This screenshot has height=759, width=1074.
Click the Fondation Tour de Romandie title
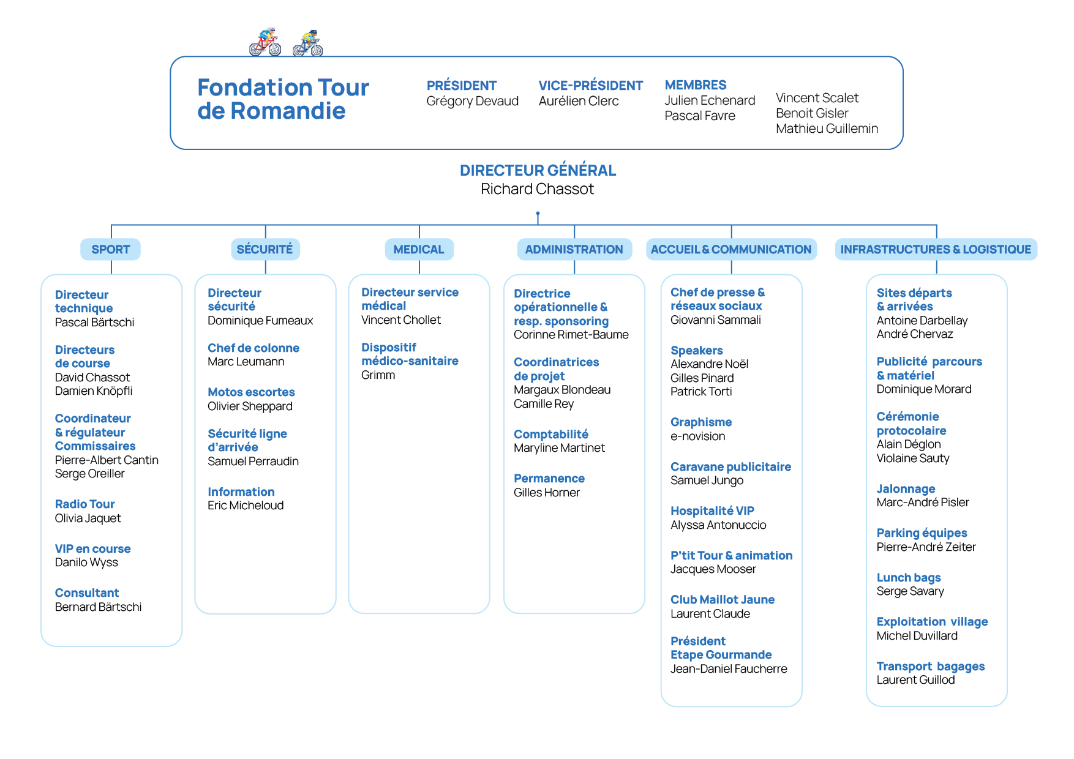pos(283,99)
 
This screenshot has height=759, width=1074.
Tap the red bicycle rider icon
pos(265,42)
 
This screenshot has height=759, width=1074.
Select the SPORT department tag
pos(111,249)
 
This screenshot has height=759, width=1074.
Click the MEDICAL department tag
pos(419,249)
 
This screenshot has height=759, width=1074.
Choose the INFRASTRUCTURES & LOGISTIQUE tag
pos(936,249)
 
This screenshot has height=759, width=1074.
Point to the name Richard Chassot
pos(537,189)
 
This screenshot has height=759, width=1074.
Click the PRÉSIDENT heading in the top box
pos(462,86)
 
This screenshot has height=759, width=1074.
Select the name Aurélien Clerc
pos(579,101)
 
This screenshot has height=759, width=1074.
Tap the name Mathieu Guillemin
pos(827,129)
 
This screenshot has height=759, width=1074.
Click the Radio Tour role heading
pos(84,504)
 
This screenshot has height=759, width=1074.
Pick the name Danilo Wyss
pos(86,563)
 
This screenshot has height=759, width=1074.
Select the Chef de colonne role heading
pos(253,348)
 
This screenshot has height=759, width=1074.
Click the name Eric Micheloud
pos(246,506)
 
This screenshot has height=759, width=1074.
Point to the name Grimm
pos(378,375)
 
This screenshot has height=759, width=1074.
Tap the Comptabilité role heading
pos(551,435)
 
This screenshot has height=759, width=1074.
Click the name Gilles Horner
pos(547,493)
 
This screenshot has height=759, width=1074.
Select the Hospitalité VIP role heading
pos(712,511)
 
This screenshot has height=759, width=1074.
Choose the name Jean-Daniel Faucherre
pos(729,669)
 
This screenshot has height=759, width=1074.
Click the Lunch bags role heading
pos(909,578)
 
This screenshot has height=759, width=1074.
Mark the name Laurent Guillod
pos(915,680)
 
